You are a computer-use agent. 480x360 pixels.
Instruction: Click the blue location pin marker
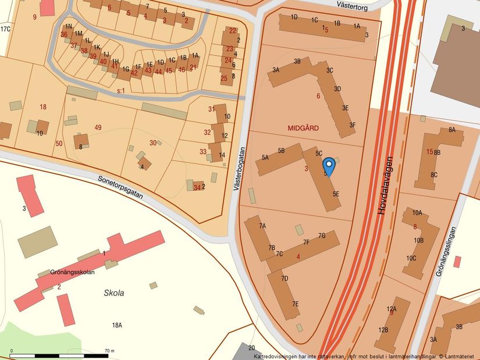pos(329,166)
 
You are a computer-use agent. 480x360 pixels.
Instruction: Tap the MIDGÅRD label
pos(303,127)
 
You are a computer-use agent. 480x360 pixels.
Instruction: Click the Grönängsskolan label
pos(72,271)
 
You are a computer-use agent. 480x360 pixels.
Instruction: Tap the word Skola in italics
pos(114,293)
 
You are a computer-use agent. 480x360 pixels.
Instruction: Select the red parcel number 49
pos(98,127)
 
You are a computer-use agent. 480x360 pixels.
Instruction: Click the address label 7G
pos(322,236)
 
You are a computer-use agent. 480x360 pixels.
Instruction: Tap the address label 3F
pos(352,125)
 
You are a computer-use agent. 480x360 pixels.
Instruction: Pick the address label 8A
pos(451,130)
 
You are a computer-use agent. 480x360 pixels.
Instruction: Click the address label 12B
pos(383,330)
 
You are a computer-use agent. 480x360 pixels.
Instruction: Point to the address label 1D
pos(294,17)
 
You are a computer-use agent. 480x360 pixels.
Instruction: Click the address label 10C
pos(411,258)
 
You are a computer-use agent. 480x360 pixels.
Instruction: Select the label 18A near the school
pos(117,325)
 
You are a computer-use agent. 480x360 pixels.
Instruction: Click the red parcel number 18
pos(42,107)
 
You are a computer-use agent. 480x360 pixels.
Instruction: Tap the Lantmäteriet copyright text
pos(458,356)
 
